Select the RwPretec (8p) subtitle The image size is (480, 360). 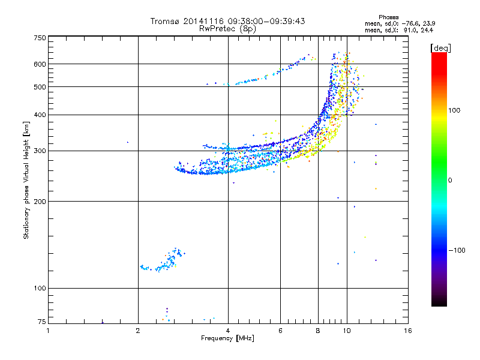click(x=227, y=28)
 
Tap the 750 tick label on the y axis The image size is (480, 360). click(x=40, y=37)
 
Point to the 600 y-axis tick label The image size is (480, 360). click(x=40, y=64)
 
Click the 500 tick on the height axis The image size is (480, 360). click(x=40, y=87)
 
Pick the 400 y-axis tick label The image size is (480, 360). click(x=40, y=115)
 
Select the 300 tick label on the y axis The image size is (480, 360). click(x=40, y=151)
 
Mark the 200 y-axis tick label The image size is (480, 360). click(x=40, y=201)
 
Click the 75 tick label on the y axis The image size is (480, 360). click(x=41, y=322)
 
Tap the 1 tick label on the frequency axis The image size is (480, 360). click(x=49, y=331)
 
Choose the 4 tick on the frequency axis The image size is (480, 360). click(x=228, y=331)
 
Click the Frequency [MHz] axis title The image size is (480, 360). click(x=227, y=339)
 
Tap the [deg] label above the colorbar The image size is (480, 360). click(x=439, y=47)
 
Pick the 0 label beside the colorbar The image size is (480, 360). click(x=450, y=180)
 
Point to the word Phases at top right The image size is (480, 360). click(x=389, y=17)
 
